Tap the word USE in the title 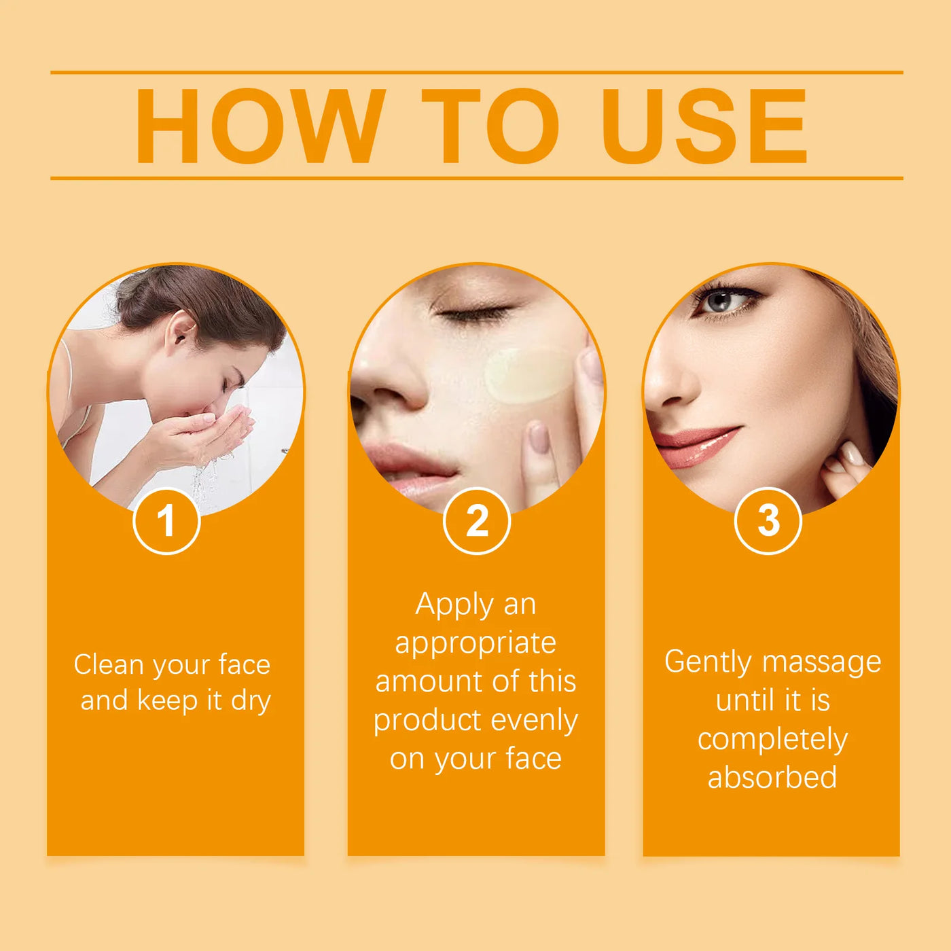click(704, 126)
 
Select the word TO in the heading click(490, 126)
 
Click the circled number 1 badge click(166, 522)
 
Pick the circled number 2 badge click(477, 522)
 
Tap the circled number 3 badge click(768, 521)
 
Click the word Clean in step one click(108, 664)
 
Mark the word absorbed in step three click(772, 778)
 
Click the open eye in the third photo click(722, 301)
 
